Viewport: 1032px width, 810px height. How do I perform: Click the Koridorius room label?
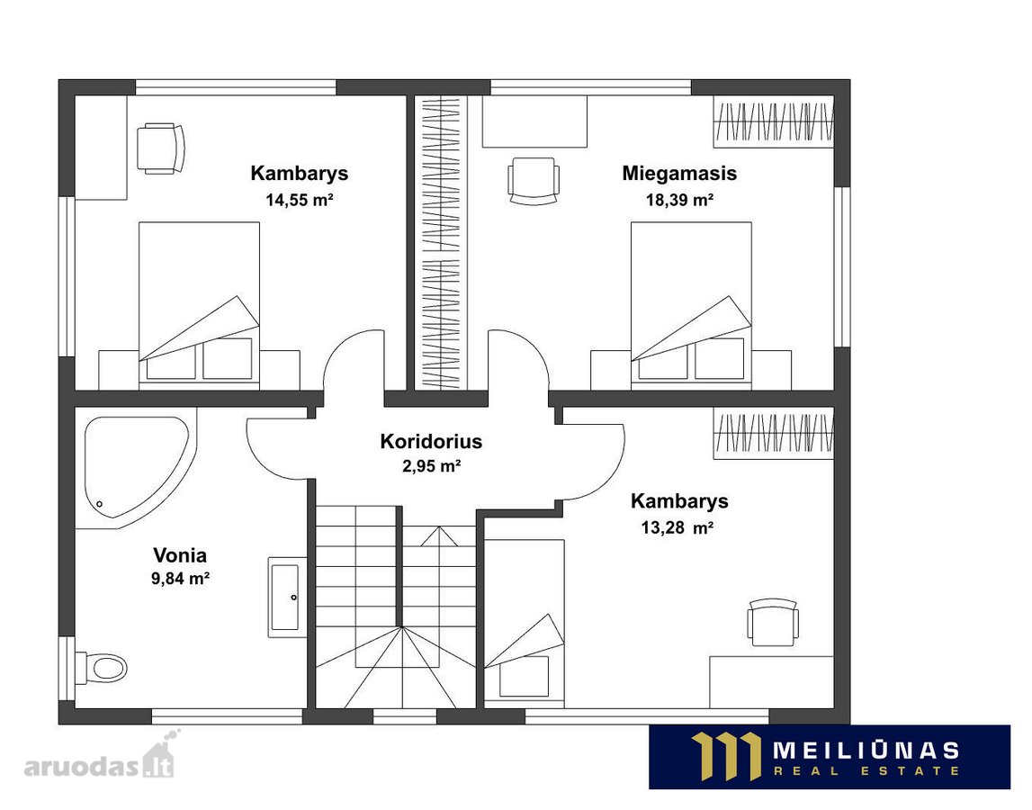[x=431, y=441]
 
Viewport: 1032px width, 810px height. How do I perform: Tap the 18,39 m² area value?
[x=680, y=200]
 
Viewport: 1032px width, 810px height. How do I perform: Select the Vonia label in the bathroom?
[x=180, y=555]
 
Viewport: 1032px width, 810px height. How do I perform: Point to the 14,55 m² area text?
[x=300, y=200]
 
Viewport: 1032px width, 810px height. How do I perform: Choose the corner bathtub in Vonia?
[x=136, y=468]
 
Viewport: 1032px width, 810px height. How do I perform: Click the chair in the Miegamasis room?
[x=534, y=181]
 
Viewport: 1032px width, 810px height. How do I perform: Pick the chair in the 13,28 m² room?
[x=773, y=622]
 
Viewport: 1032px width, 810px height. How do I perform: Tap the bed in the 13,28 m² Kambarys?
[x=525, y=622]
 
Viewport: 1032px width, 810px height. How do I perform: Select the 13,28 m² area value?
[x=678, y=527]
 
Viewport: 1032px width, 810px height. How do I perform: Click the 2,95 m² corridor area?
[x=431, y=466]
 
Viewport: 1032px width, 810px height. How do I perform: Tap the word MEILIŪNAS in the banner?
[x=866, y=750]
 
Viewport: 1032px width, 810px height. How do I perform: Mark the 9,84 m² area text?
[x=180, y=579]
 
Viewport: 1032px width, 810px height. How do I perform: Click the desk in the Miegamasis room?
[x=534, y=121]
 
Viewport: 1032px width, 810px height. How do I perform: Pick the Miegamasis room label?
[x=679, y=173]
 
